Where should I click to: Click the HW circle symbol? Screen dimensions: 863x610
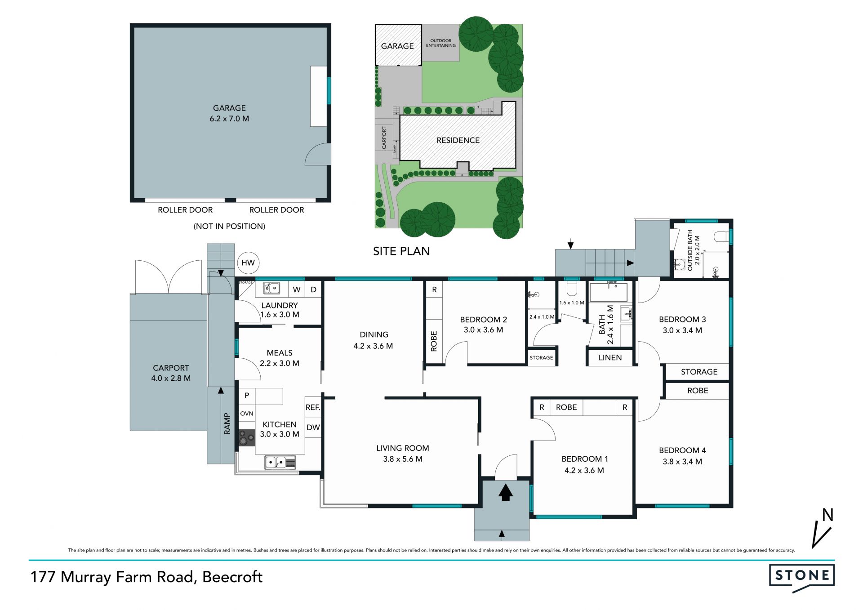248,263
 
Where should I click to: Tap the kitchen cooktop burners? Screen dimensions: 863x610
247,438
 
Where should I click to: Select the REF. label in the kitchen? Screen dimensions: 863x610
313,408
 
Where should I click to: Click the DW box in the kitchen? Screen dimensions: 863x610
313,427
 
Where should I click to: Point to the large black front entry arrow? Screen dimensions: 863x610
506,492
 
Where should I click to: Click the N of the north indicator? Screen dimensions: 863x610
827,515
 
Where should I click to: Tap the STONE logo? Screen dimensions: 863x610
802,577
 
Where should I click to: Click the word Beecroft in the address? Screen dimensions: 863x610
232,577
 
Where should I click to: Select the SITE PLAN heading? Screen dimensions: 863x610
401,251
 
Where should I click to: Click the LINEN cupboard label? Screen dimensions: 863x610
610,358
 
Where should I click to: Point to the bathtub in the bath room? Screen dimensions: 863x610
609,292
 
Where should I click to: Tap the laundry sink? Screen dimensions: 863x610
271,288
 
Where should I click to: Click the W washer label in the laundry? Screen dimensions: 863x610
297,289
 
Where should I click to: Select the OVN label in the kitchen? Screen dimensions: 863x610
247,414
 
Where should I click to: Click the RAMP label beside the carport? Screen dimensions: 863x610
227,424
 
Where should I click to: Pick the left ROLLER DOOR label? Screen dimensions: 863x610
185,210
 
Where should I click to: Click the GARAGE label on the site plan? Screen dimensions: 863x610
397,46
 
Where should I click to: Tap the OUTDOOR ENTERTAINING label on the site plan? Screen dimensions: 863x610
441,43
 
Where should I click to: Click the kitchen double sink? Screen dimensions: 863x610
280,462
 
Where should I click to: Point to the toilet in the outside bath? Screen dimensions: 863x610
721,236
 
